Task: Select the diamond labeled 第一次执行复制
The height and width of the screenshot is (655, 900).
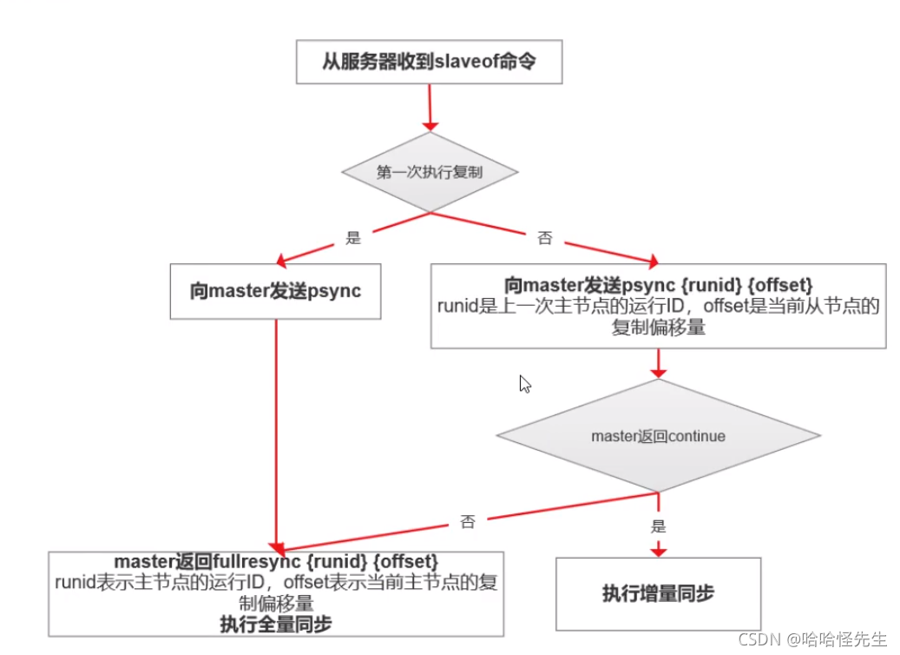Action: point(429,172)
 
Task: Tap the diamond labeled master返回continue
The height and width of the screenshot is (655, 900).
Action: point(658,435)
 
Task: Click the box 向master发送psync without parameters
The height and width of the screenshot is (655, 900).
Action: point(275,290)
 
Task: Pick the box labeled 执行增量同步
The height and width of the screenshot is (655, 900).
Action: point(658,593)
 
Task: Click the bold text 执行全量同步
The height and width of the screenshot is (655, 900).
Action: point(276,624)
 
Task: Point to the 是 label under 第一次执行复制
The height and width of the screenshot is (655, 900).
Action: point(353,236)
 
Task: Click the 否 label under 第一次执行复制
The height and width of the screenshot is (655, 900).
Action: point(544,239)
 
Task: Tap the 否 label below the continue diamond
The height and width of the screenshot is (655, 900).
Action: point(468,522)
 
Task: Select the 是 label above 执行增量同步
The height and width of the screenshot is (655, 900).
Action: point(658,526)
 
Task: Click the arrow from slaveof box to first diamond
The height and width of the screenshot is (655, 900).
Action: point(429,108)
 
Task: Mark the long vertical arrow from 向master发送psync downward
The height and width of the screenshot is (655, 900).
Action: point(275,434)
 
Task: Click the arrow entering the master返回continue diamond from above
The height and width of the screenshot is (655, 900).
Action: point(658,363)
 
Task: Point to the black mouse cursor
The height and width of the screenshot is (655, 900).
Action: point(524,384)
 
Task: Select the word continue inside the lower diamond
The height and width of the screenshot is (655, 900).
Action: point(692,435)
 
